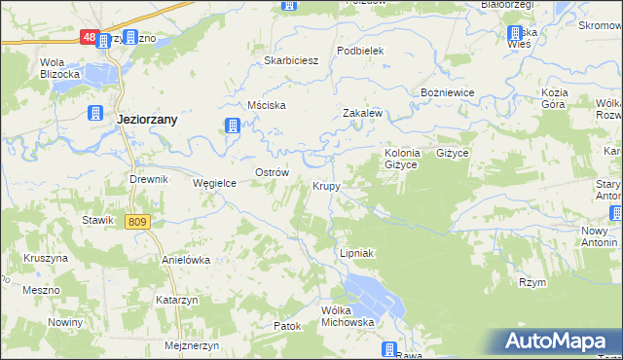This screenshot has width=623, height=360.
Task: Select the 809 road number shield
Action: [x=137, y=222]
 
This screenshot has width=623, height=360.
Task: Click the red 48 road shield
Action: [x=88, y=38]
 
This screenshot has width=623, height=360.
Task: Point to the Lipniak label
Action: [x=356, y=253]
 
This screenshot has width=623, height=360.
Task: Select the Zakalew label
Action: [x=361, y=113]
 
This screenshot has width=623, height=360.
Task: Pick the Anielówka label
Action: [x=186, y=261]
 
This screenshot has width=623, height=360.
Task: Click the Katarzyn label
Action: [x=176, y=301]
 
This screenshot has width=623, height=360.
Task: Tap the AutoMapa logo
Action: [x=557, y=342]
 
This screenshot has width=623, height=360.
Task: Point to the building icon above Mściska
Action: [x=233, y=125]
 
